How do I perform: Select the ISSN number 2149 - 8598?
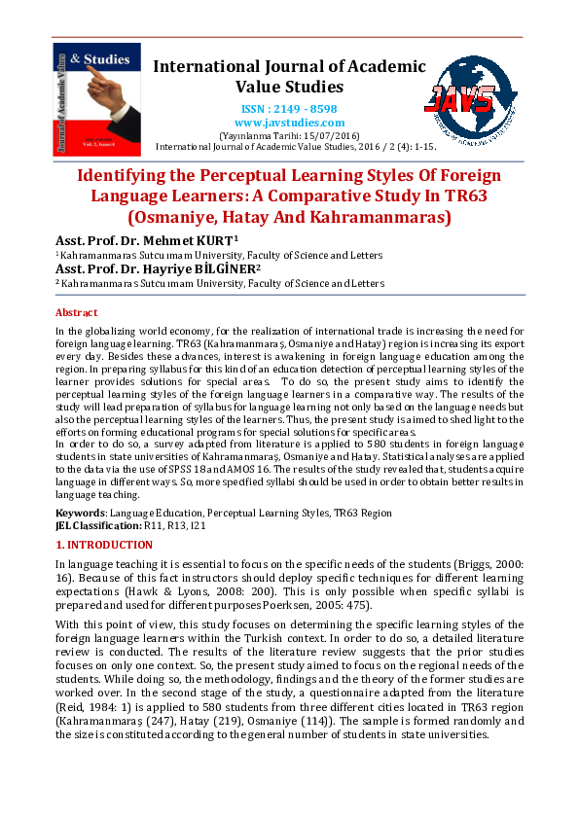point(289,109)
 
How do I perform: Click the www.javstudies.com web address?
point(289,123)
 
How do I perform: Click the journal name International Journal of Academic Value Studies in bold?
point(289,76)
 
